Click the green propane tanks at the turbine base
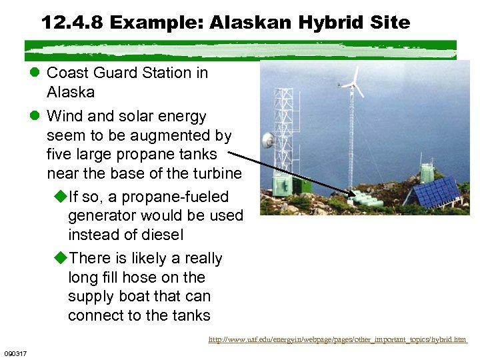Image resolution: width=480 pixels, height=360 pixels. click(366, 199)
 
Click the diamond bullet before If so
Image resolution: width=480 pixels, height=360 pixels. click(60, 197)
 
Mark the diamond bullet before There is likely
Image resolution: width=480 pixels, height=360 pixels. click(60, 258)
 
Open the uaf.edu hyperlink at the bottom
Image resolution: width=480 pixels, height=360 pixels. click(337, 339)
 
